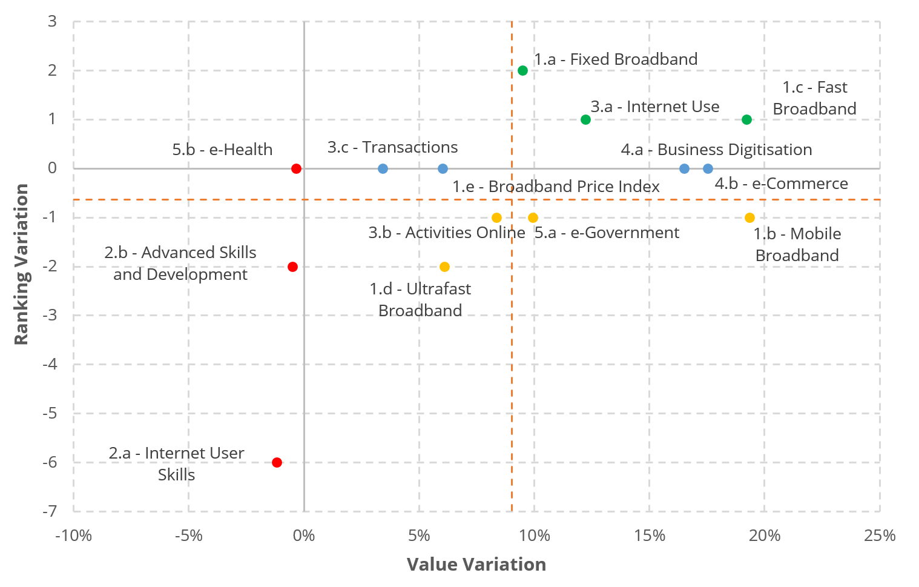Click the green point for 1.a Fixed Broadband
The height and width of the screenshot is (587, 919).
[x=522, y=71]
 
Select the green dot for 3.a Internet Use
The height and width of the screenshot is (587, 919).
[x=585, y=119]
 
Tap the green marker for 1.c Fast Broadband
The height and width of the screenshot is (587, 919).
[x=746, y=119]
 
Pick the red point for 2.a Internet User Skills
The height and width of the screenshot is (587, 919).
[x=277, y=462]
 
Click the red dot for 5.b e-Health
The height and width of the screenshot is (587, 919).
[x=296, y=168]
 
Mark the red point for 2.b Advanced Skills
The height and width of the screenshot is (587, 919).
[x=292, y=267]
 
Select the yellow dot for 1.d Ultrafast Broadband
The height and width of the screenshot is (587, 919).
[x=444, y=267]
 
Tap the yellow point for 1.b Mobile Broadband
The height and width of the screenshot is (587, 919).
[x=749, y=217]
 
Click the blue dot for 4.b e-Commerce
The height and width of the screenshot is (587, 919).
[x=708, y=168]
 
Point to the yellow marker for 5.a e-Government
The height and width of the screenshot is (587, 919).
[x=533, y=217]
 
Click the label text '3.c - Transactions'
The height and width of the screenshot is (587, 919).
[x=392, y=147]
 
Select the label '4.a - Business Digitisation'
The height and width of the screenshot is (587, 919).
[x=716, y=150]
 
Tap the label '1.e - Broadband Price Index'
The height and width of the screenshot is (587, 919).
[x=556, y=187]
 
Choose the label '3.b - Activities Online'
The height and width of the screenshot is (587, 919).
[x=447, y=233]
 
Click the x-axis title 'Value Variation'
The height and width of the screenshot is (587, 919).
[x=476, y=564]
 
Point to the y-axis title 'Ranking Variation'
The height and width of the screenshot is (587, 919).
[x=21, y=264]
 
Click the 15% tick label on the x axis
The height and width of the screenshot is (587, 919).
[x=649, y=536]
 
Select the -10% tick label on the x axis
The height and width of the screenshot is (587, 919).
[x=73, y=536]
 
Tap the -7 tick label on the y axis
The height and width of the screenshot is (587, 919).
[x=50, y=511]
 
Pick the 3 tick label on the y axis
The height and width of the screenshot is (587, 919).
[x=52, y=21]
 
